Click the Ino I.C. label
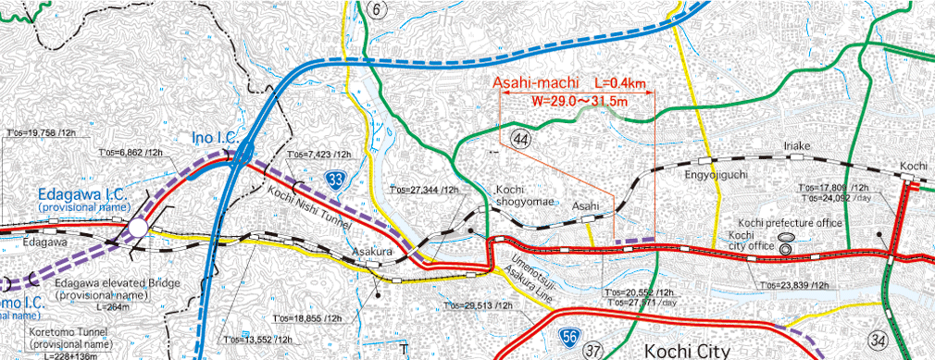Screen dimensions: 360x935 coord(216,139)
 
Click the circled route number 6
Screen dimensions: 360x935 coord(376,9)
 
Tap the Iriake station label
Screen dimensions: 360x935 coord(797,146)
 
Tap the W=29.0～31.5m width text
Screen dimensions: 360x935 coord(580,100)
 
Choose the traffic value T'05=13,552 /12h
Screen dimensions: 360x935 coord(253,340)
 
